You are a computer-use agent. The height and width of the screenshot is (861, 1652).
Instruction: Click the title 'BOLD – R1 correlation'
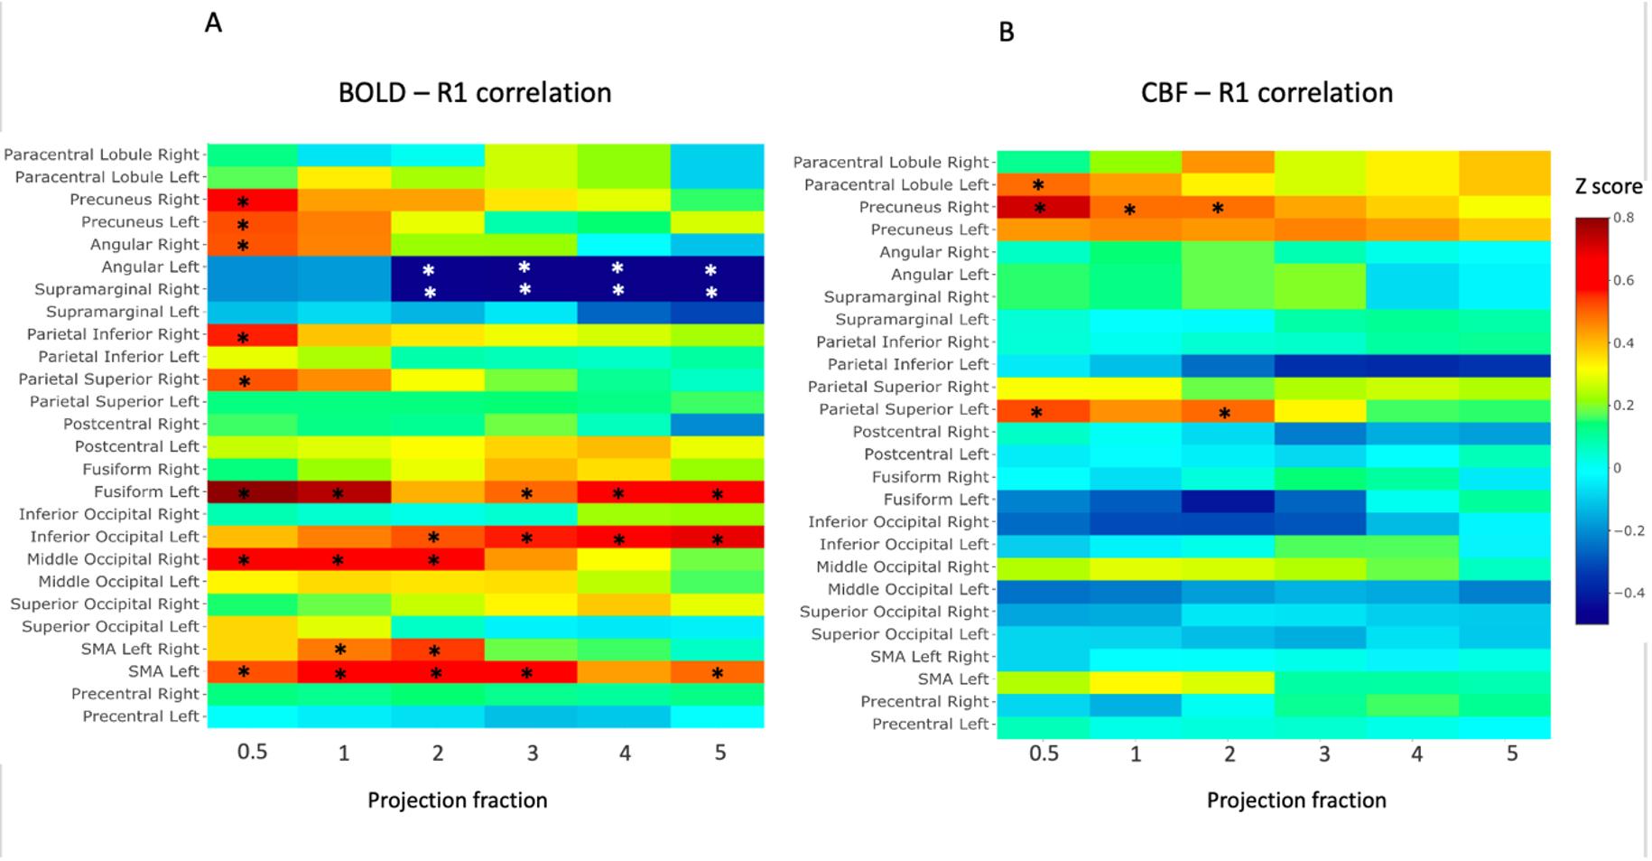[x=475, y=93]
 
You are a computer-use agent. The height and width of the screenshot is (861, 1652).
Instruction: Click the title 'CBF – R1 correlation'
[x=1267, y=93]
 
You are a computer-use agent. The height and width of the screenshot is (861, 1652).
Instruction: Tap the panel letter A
[x=213, y=23]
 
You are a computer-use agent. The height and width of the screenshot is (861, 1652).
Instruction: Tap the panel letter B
[x=1007, y=33]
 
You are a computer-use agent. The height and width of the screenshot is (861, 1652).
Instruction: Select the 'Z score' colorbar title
[x=1609, y=187]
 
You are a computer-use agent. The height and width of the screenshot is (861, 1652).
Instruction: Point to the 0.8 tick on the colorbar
[x=1623, y=218]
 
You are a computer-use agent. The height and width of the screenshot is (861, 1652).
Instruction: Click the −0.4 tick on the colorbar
[x=1629, y=593]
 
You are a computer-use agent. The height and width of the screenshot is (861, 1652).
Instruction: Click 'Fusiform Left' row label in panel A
[x=146, y=492]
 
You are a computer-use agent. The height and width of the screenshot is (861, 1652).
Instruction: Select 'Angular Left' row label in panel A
[x=150, y=267]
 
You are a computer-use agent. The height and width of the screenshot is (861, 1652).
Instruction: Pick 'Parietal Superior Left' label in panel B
[x=904, y=410]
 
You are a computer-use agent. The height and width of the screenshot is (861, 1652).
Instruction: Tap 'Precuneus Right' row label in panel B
[x=923, y=208]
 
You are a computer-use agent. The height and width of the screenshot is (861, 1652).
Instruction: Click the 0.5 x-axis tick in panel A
[x=252, y=753]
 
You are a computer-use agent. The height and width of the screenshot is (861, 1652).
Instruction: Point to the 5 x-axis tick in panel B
[x=1512, y=753]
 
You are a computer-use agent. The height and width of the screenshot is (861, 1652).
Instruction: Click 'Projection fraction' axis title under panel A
[x=457, y=800]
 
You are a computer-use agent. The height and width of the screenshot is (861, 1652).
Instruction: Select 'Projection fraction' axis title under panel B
[x=1296, y=800]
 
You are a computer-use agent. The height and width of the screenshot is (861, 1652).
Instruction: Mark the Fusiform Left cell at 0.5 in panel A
[x=253, y=492]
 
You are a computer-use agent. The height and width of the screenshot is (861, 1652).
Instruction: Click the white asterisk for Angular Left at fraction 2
[x=429, y=270]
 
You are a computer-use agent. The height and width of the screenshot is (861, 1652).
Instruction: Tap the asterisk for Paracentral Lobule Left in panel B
[x=1038, y=185]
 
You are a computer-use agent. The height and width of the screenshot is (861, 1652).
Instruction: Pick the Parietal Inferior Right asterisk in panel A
[x=243, y=338]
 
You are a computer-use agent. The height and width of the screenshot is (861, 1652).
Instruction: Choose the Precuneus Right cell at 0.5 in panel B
[x=1044, y=208]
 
